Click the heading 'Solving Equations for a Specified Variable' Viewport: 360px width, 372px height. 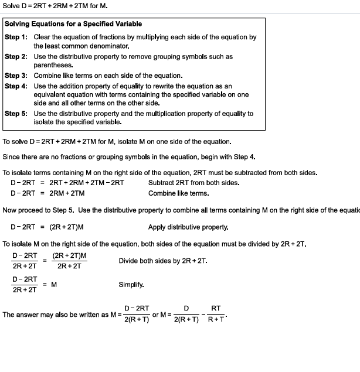pos(73,24)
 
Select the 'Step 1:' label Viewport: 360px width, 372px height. pos(16,37)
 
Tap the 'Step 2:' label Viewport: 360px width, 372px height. pos(16,57)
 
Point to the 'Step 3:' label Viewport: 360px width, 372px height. pos(16,76)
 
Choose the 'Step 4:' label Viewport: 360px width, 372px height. pos(16,86)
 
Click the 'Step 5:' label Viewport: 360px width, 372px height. pos(16,114)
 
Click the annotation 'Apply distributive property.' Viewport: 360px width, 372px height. pos(188,227)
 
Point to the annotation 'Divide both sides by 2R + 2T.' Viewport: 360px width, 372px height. pos(162,261)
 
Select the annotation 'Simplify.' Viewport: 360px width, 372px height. pos(131,285)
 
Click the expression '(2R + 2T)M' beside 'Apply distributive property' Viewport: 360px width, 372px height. pos(66,227)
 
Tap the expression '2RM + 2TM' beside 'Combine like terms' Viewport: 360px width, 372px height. pos(67,193)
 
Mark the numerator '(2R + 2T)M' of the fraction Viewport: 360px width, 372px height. pos(70,256)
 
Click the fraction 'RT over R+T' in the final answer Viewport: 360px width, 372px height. pos(216,314)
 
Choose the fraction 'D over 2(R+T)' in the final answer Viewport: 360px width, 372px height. pos(186,314)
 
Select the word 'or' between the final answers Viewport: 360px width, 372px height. pos(155,315)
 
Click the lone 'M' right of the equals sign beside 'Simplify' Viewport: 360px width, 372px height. pos(53,285)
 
